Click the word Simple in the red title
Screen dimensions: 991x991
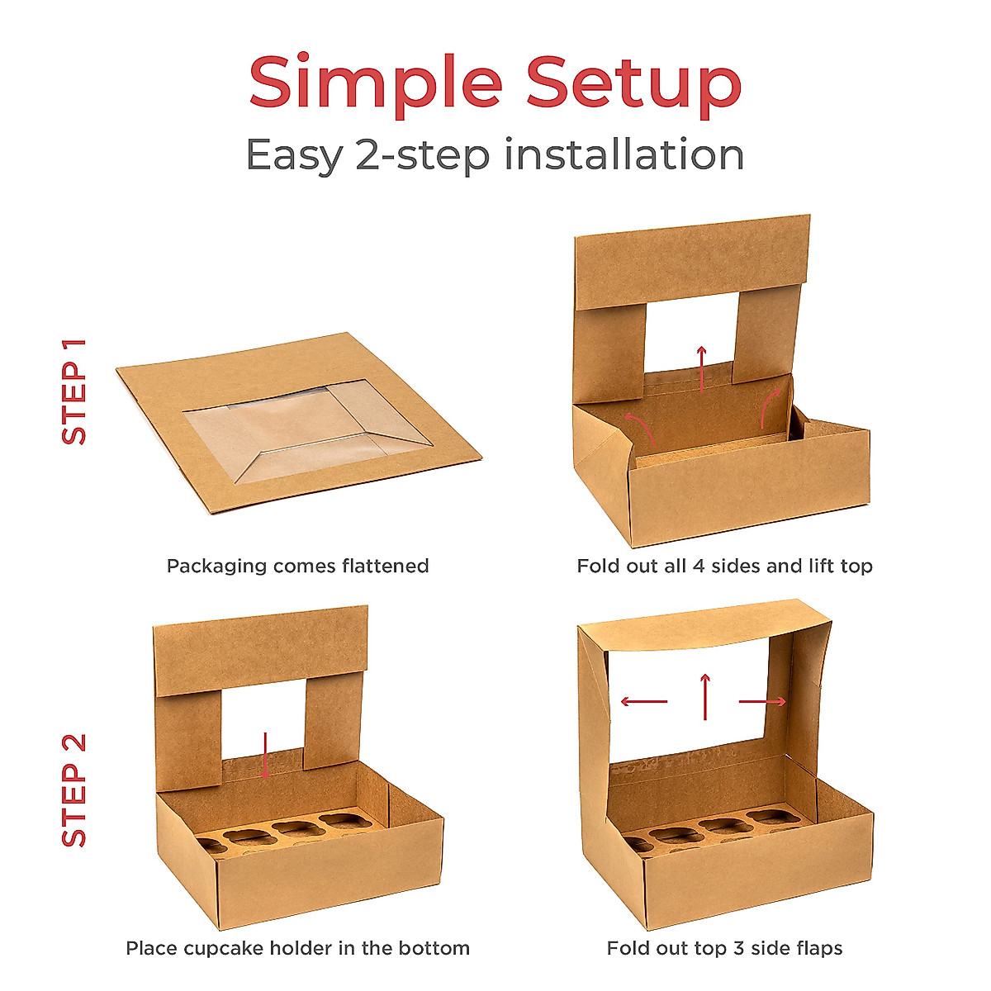pyautogui.click(x=376, y=83)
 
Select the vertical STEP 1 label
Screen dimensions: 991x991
pyautogui.click(x=74, y=391)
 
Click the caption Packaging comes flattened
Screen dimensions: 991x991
pyautogui.click(x=297, y=567)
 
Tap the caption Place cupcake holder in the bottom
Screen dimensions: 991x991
pyautogui.click(x=297, y=948)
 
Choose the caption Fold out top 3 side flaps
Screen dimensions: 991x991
pyautogui.click(x=724, y=948)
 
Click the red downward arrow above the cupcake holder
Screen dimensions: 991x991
pyautogui.click(x=264, y=754)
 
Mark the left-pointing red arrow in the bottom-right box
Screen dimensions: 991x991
pyautogui.click(x=643, y=702)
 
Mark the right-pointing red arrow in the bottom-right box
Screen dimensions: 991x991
pyautogui.click(x=762, y=702)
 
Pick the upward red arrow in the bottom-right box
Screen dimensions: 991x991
pyautogui.click(x=705, y=696)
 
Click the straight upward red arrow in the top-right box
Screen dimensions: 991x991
pyautogui.click(x=701, y=368)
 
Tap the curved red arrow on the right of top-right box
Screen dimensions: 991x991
pyautogui.click(x=771, y=405)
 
